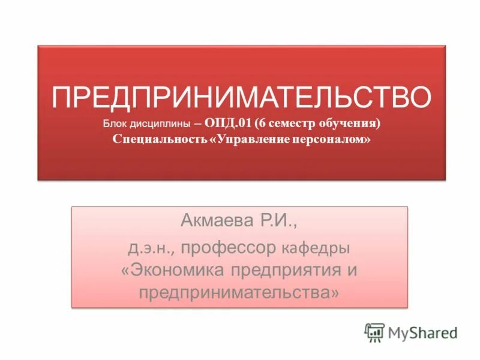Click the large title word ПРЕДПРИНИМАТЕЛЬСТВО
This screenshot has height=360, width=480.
(241, 97)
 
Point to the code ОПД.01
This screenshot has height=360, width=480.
(227, 123)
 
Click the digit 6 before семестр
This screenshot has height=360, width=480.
(259, 123)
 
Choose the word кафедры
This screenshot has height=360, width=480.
(316, 247)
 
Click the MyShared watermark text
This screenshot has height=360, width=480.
(423, 332)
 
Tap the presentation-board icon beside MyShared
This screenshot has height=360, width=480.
(374, 332)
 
